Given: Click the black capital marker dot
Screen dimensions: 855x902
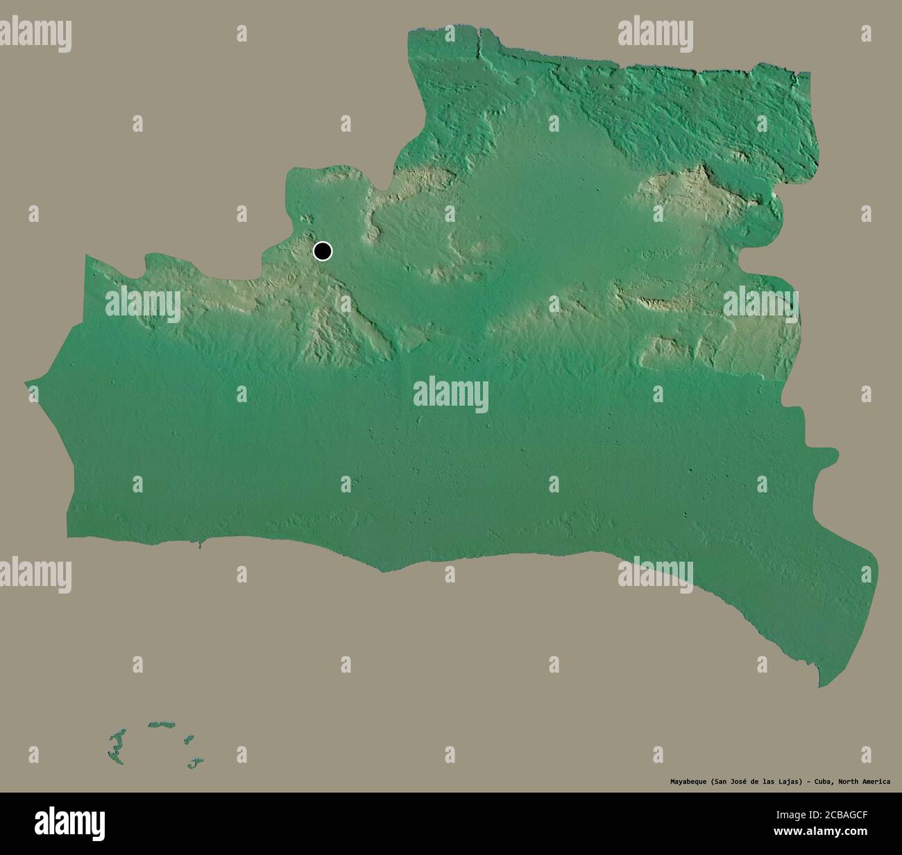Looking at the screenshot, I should pos(323,251).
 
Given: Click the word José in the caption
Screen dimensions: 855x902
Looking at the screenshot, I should pos(735,781).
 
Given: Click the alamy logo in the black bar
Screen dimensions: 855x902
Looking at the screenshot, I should pos(70,822).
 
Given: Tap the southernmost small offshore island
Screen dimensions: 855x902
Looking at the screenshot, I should pos(194,763).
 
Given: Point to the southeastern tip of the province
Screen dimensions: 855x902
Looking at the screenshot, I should pos(820,686).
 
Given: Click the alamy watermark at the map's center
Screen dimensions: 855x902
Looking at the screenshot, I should pos(450,394).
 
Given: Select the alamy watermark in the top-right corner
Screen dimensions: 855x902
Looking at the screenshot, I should pos(655,33).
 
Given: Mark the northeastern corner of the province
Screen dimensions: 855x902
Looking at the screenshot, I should pos(809,74).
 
